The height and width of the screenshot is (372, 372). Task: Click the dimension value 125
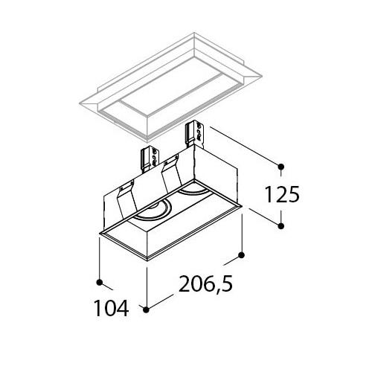(x=282, y=194)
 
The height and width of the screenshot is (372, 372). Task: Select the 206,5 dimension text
(x=205, y=284)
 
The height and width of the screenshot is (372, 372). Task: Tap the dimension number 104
(x=112, y=308)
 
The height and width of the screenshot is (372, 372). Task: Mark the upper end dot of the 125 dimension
(x=280, y=167)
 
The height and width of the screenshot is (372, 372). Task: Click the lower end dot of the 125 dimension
(x=280, y=226)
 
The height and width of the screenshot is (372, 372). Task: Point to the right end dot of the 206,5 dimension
(x=241, y=254)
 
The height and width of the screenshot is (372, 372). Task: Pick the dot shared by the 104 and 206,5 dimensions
(x=147, y=310)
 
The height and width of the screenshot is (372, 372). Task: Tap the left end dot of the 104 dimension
(x=100, y=282)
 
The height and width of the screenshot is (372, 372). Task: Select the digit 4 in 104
(x=123, y=308)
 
